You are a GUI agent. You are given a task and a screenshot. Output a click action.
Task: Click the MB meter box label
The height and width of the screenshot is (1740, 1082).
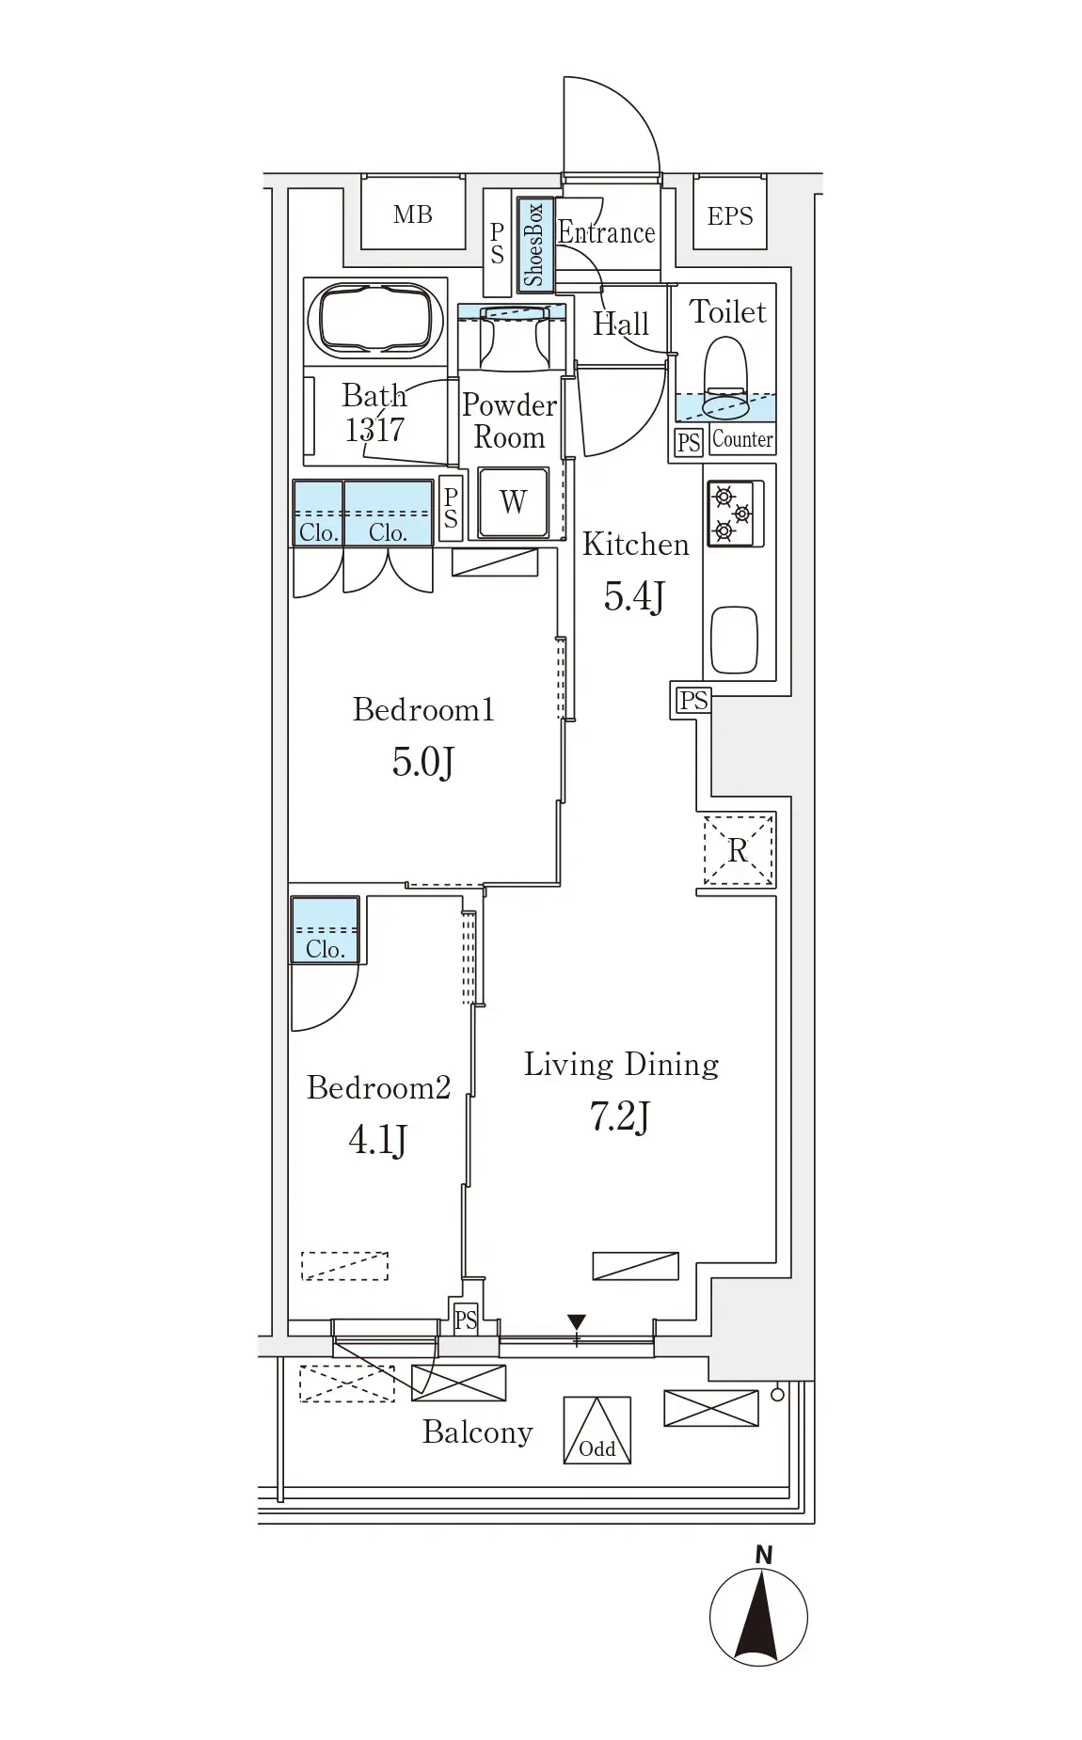[x=413, y=215]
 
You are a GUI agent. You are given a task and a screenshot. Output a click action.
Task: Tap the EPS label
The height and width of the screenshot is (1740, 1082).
[x=730, y=216]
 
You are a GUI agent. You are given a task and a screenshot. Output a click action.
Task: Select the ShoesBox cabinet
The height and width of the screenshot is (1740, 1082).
[x=535, y=245]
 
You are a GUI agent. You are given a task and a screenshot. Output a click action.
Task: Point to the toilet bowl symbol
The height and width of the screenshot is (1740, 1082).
[x=725, y=377]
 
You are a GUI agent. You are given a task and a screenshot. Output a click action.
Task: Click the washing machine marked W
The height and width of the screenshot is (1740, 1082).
[x=513, y=502]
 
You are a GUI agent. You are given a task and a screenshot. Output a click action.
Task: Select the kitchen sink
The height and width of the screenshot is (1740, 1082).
[x=735, y=640]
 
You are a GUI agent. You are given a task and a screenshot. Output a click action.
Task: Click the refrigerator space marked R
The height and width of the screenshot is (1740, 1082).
[x=739, y=850]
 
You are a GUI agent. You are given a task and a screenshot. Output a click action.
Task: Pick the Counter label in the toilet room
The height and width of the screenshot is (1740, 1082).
[x=743, y=439]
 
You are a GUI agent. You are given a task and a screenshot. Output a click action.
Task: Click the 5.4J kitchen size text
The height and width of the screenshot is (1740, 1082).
[x=635, y=596]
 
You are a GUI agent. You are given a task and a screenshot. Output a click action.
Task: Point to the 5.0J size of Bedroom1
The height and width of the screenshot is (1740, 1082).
[x=423, y=762]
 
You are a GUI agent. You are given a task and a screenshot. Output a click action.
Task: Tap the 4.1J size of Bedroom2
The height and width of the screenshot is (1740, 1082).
[x=377, y=1140]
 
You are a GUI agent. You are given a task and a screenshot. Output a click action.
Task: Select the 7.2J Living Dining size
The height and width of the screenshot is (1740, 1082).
[x=620, y=1117]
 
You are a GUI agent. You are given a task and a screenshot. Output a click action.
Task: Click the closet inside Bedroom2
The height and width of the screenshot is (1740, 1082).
[x=325, y=930]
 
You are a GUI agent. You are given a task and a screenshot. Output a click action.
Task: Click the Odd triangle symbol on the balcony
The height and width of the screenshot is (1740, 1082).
[x=597, y=1431]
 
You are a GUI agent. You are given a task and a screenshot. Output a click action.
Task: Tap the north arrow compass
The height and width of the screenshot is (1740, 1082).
[x=758, y=1617]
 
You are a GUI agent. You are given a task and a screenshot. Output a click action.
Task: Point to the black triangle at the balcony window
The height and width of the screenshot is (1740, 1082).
[x=577, y=1322]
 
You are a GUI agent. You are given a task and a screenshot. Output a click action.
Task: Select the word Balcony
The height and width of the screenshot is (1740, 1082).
[x=478, y=1432]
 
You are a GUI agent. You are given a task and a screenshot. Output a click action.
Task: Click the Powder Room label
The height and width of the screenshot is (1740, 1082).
[x=509, y=421]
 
